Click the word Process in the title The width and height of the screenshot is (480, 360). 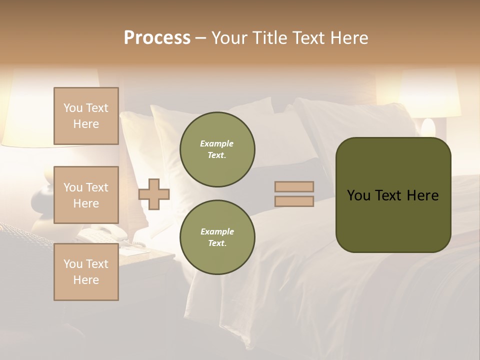157,38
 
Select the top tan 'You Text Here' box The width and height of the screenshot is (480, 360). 86,116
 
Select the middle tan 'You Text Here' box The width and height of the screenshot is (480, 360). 86,195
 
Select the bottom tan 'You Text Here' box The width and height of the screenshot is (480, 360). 86,272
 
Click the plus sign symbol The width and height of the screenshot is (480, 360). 154,194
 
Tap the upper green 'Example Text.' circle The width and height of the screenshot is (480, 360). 217,149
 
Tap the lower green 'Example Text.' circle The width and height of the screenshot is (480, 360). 217,237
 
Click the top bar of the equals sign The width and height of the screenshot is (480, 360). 294,186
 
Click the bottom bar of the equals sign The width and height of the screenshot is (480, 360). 294,201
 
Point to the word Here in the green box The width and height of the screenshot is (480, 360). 422,195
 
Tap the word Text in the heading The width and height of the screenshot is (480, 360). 308,38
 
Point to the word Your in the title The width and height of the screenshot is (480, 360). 229,38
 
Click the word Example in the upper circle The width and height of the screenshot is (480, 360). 216,143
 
